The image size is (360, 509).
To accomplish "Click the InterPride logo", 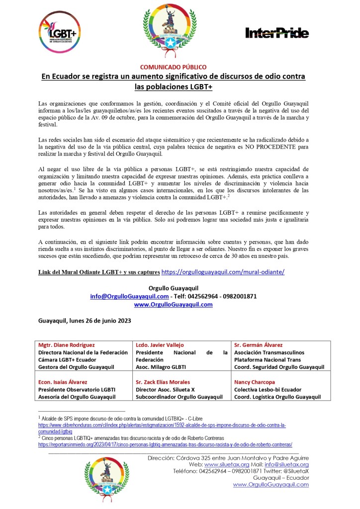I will coord(277,33).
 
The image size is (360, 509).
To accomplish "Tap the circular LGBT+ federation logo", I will coord(61,33).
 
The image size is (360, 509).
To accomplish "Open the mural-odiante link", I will coord(223,272).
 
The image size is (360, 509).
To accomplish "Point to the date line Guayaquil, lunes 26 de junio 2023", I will coord(85,321).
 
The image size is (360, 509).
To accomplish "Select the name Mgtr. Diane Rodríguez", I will coord(67,345).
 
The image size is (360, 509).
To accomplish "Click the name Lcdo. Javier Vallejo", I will coord(160,345).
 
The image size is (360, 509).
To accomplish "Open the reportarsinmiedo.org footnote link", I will coord(165,444).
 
